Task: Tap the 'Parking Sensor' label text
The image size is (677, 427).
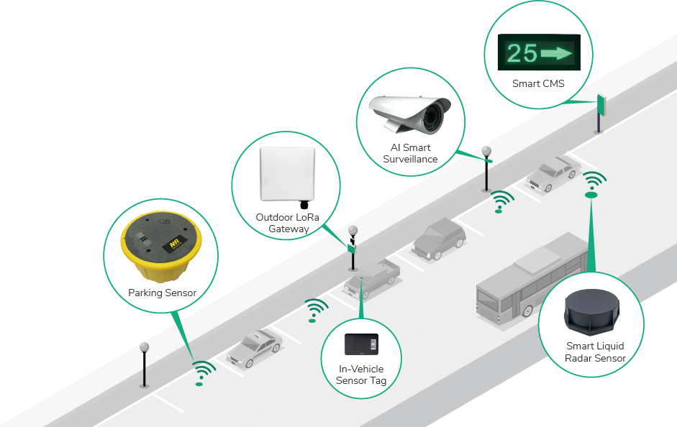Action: coord(162,293)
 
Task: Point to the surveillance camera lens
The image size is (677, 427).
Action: coord(435,114)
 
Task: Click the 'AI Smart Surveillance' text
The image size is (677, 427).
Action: coord(410,153)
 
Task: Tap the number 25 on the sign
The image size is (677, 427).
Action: coord(522,54)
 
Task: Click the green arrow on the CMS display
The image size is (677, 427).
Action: coord(555,53)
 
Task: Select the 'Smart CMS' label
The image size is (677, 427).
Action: coord(538,83)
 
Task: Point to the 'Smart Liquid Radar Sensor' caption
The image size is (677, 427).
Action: coord(595,352)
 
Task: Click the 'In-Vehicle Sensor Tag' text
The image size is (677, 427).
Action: coord(361,375)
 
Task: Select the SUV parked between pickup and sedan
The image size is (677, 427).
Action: coord(438,238)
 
